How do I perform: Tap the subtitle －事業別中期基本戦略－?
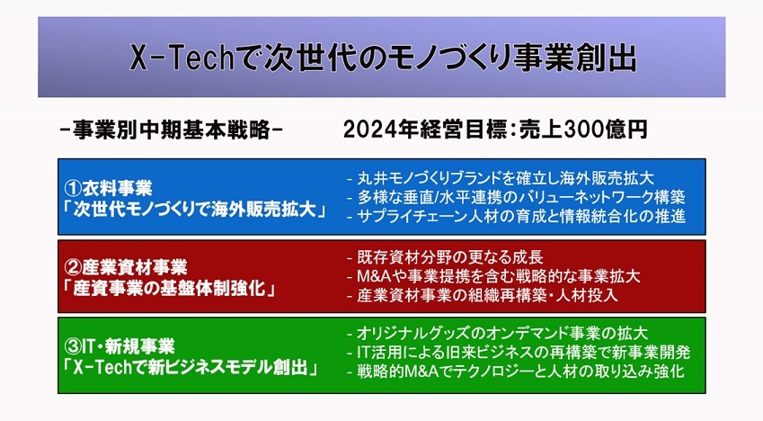tap(172, 130)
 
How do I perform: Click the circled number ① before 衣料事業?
tap(73, 188)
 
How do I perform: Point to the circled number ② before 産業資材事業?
tap(73, 267)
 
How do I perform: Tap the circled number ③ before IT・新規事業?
tap(73, 346)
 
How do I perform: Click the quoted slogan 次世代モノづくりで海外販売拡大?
tap(195, 210)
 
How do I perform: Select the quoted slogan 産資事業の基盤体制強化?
tap(170, 289)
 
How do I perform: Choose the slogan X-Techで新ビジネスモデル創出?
tap(191, 367)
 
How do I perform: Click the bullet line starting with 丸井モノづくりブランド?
tap(501, 178)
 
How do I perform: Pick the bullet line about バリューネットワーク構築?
tap(516, 197)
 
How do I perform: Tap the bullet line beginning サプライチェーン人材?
tap(516, 216)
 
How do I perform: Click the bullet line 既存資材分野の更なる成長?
tap(445, 257)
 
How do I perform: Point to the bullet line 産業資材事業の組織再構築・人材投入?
tap(483, 295)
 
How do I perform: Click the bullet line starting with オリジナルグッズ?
tap(497, 334)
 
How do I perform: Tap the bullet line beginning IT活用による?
tap(519, 353)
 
